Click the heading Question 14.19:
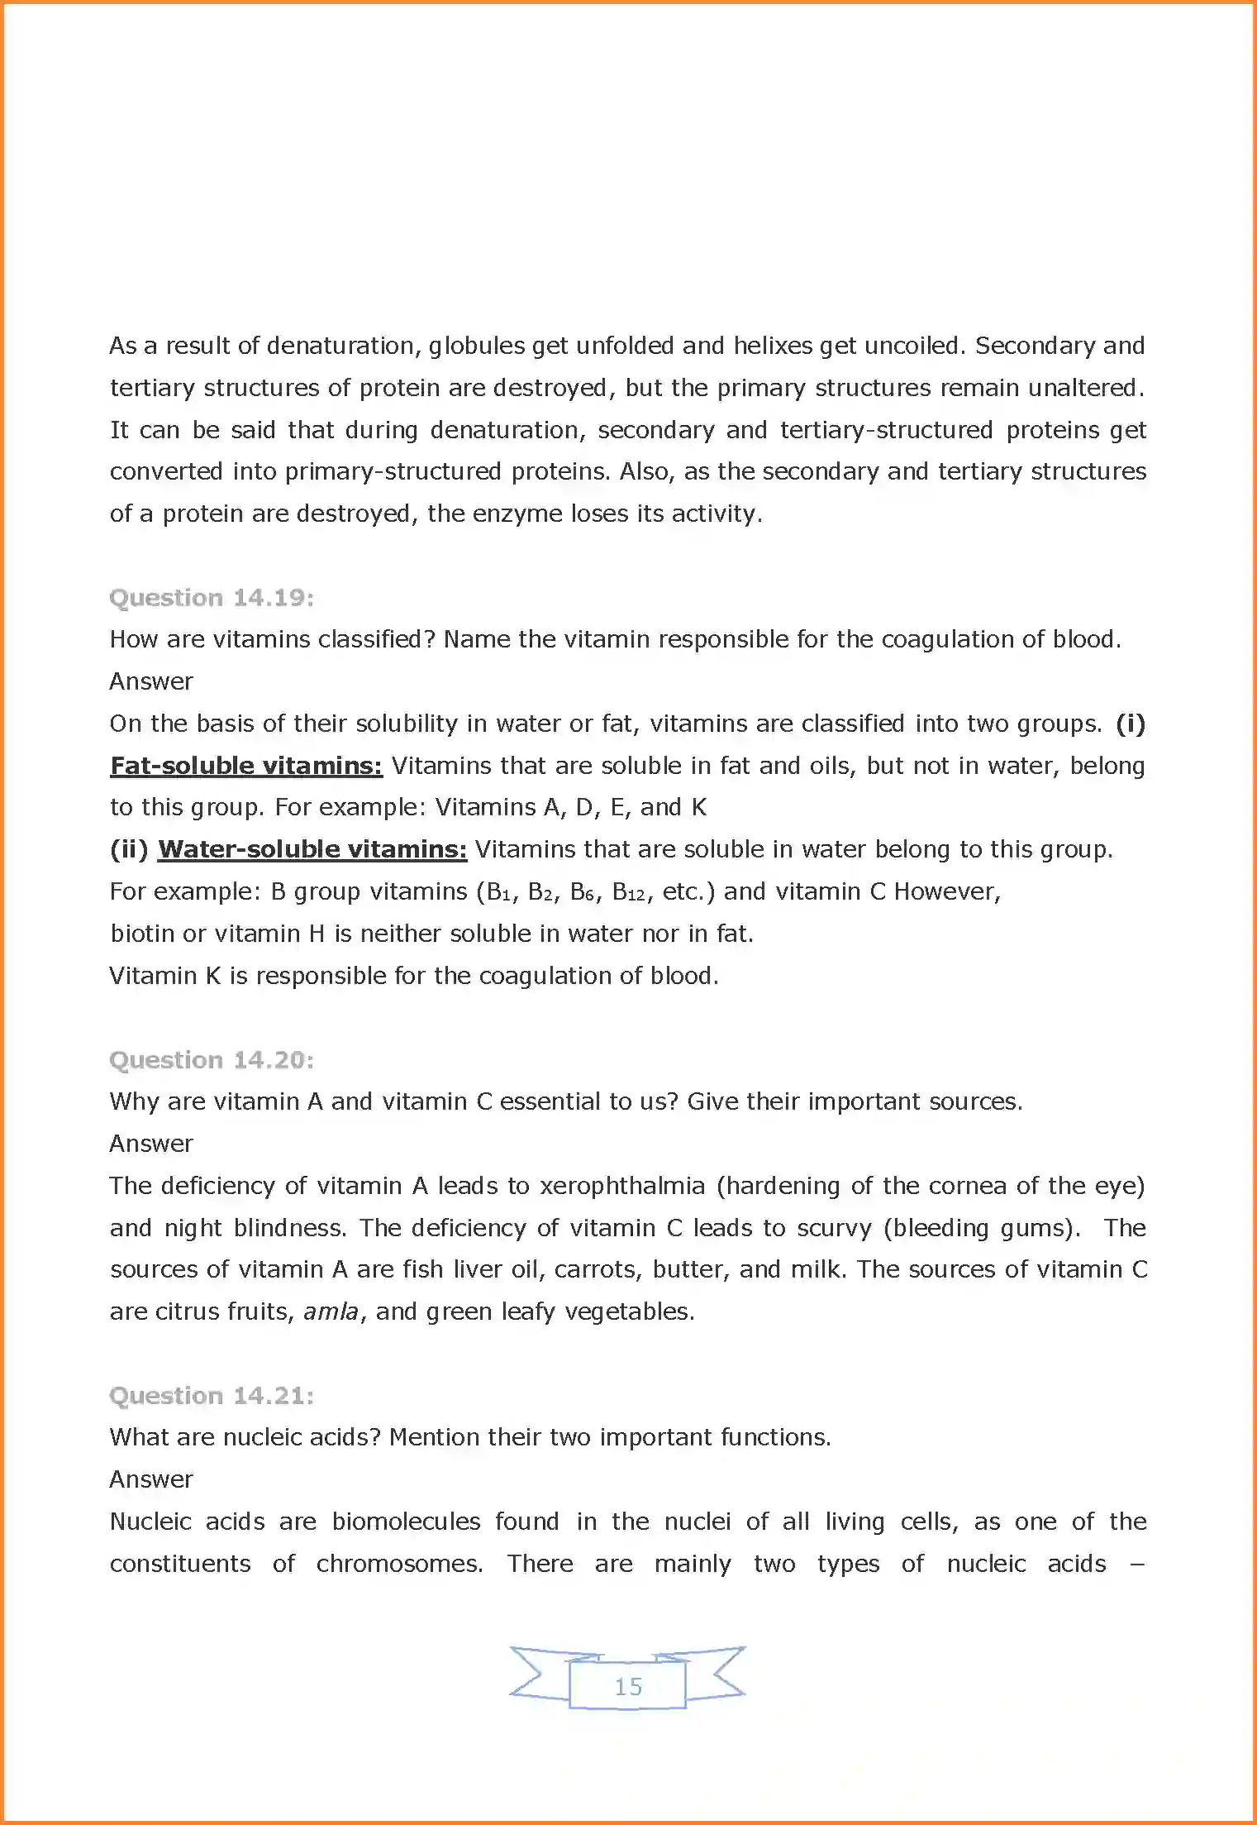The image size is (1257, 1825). click(x=212, y=598)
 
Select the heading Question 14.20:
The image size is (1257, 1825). click(x=212, y=1060)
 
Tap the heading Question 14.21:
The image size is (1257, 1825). click(x=212, y=1396)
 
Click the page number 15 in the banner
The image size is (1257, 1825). click(x=628, y=1687)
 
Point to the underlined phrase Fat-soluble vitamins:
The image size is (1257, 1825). click(x=246, y=766)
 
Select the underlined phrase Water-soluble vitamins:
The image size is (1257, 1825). click(x=312, y=849)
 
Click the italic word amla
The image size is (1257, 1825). click(x=331, y=1311)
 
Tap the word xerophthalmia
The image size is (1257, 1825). click(x=622, y=1186)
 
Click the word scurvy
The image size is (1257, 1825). click(x=835, y=1228)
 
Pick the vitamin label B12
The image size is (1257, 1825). click(x=628, y=892)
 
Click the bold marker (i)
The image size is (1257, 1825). click(x=1130, y=724)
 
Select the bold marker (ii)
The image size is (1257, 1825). click(x=129, y=849)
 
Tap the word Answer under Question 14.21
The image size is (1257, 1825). click(x=151, y=1479)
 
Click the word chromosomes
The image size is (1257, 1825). click(x=399, y=1564)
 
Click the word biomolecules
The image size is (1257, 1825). click(x=406, y=1522)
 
